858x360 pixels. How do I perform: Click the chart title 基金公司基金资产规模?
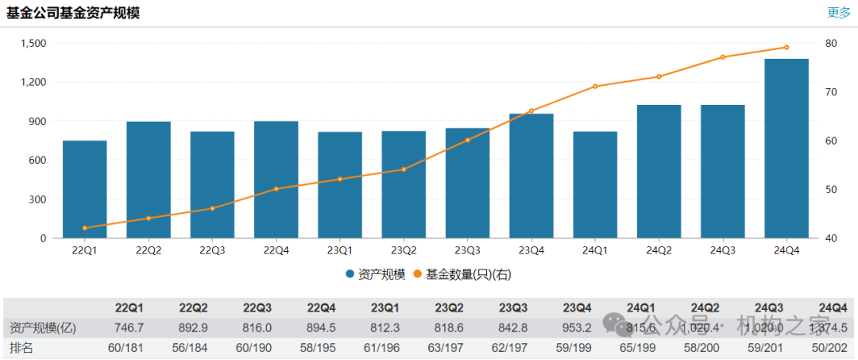73,13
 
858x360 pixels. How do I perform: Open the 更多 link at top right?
839,13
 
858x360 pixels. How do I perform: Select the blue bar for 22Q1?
85,189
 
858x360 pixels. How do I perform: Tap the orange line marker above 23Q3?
467,140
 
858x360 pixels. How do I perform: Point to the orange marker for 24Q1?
595,86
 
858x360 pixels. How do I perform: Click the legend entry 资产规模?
376,274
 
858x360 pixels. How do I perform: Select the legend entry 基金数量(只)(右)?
462,274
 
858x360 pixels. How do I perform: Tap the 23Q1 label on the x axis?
340,250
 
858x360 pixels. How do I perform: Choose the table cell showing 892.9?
194,327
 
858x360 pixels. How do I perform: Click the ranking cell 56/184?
193,348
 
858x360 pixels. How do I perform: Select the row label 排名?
23,348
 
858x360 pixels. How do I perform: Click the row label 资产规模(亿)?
43,327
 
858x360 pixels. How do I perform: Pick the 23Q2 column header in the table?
449,308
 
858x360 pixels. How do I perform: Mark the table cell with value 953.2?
577,327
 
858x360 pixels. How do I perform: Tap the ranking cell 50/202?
832,348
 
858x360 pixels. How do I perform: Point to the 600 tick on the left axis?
37,160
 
